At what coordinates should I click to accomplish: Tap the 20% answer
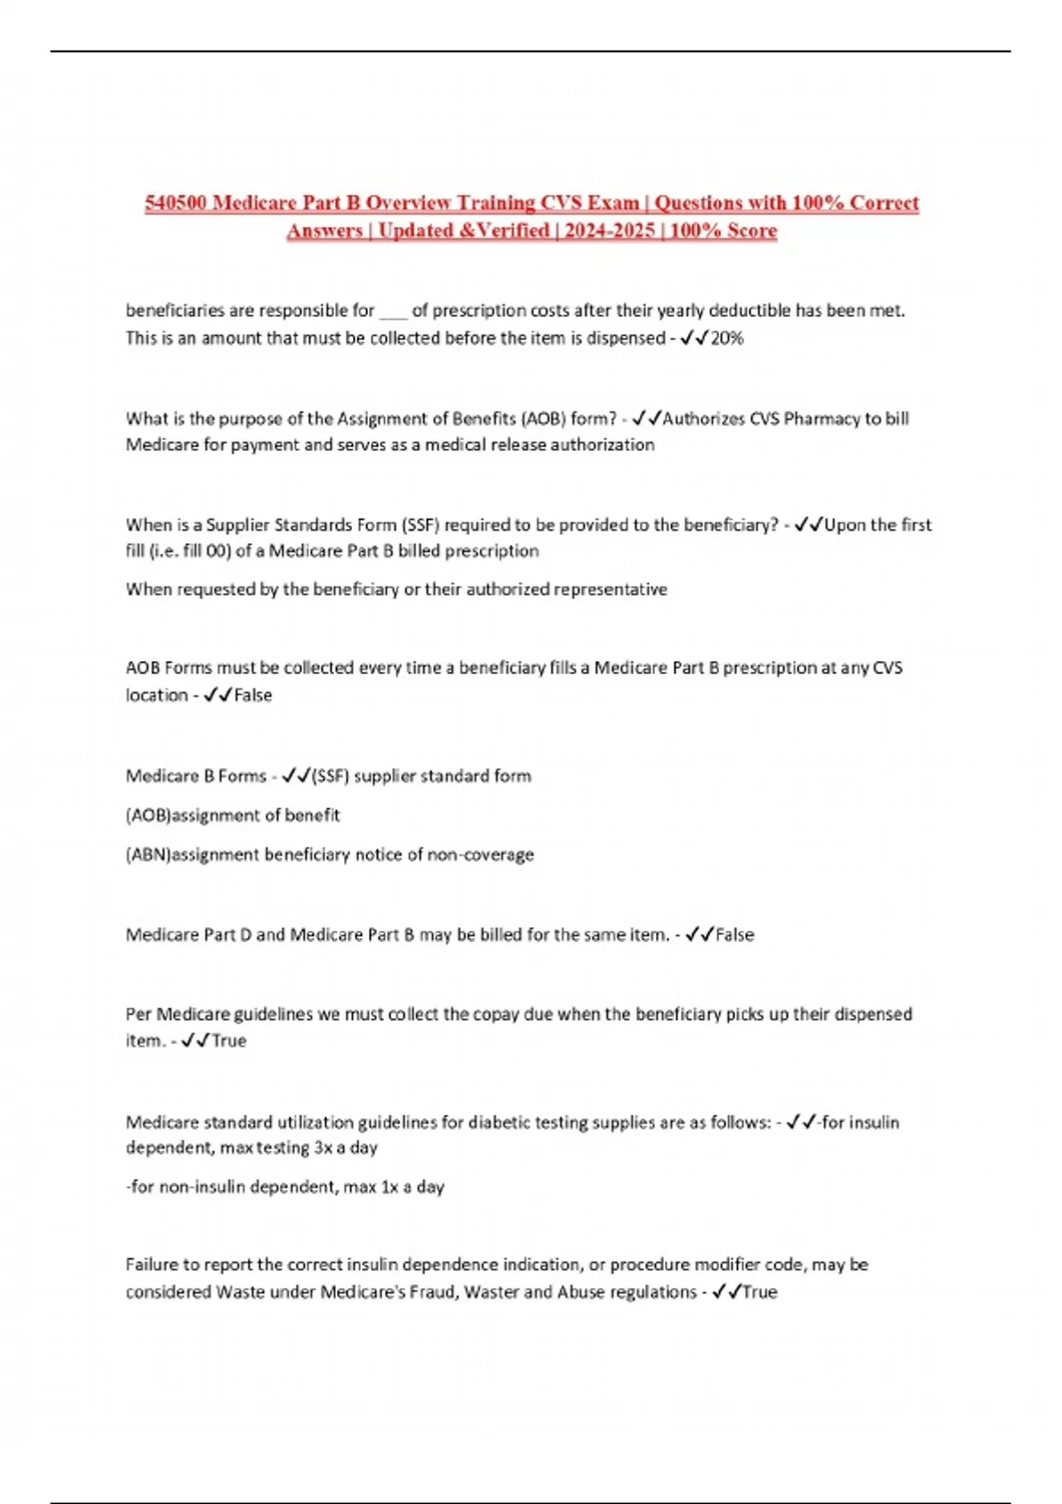727,338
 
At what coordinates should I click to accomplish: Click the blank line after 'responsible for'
393,311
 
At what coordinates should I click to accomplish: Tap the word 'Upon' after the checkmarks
845,525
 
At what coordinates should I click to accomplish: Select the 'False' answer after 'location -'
253,695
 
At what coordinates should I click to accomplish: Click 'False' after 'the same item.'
735,935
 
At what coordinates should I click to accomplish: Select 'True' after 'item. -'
229,1041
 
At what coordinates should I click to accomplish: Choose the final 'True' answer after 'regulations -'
759,1293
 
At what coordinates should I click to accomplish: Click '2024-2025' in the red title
610,231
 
